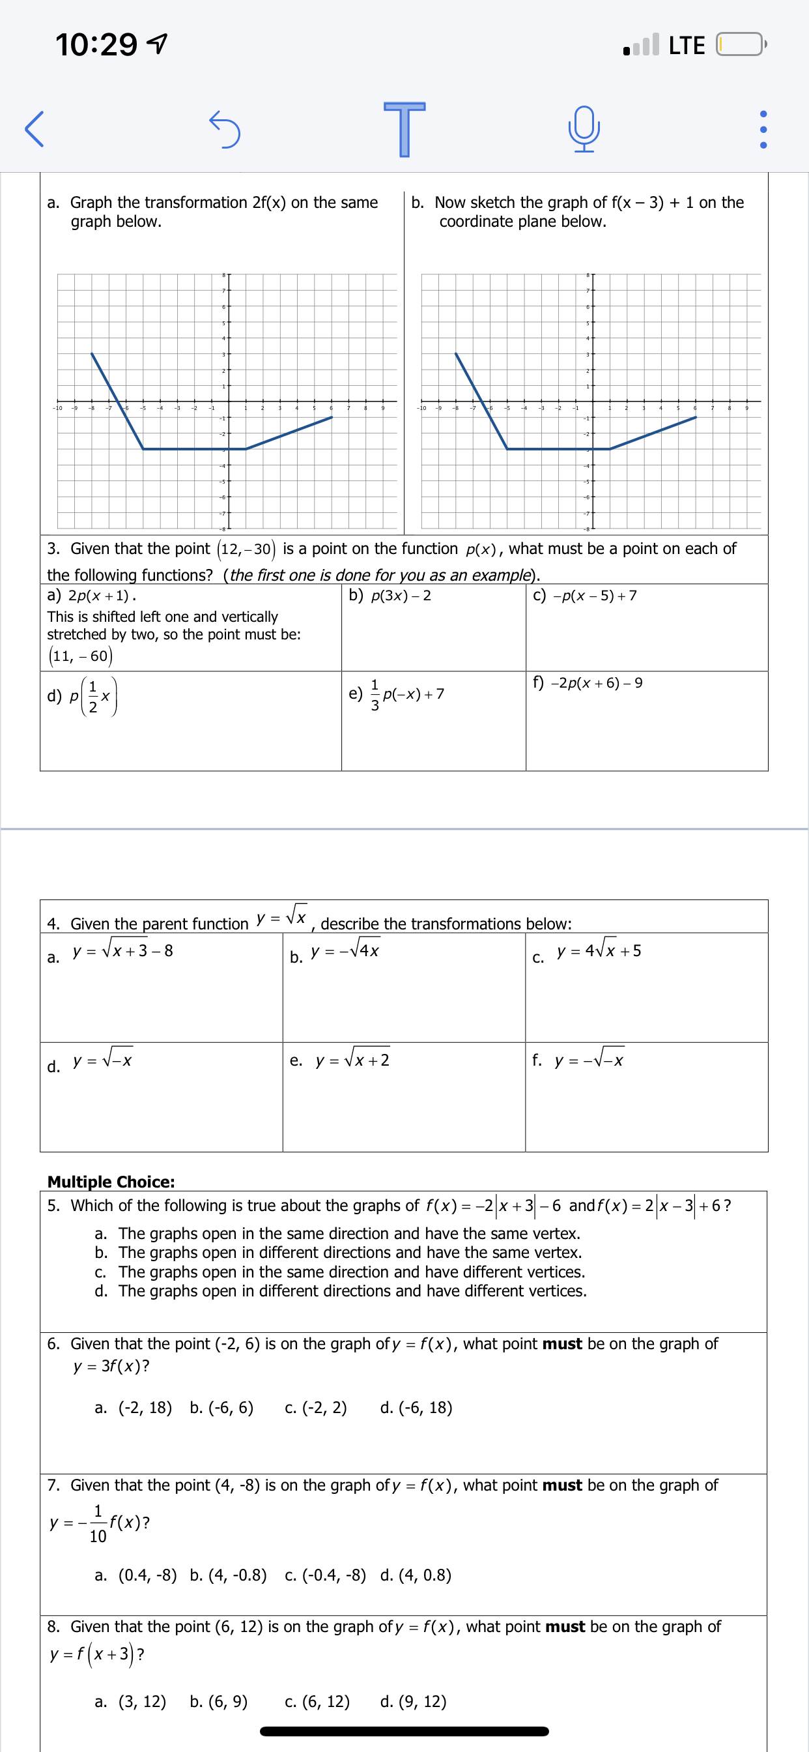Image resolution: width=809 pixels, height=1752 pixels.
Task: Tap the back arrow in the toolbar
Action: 34,128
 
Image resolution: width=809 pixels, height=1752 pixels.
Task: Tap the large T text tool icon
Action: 404,128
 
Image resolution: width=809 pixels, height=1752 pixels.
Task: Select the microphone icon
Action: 584,128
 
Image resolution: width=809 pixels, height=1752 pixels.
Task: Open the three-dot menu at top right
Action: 763,129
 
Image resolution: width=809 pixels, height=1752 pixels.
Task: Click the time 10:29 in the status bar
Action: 96,45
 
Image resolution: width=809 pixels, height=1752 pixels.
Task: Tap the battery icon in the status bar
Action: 740,45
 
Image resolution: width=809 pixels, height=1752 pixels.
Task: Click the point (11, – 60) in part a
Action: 80,656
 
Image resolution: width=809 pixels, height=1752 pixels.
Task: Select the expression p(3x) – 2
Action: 401,596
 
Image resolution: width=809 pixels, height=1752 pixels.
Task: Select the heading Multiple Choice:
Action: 111,1182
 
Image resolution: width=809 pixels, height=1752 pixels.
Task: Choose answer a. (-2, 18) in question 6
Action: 134,1407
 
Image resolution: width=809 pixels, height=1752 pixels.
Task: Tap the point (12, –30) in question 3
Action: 246,549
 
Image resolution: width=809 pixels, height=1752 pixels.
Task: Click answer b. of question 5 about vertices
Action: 338,1252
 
